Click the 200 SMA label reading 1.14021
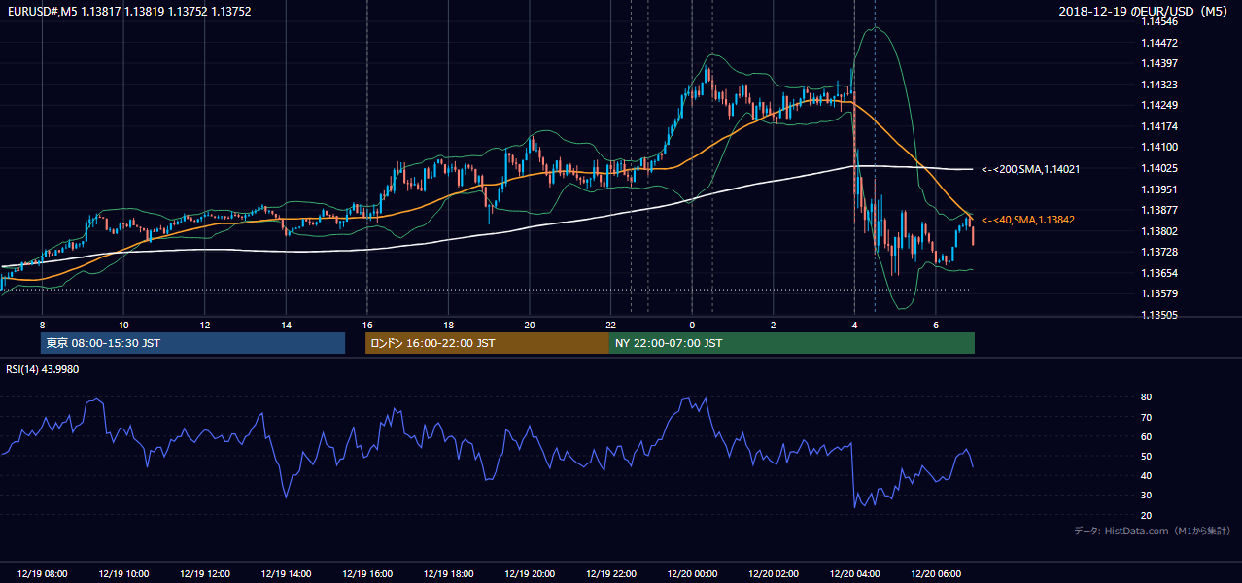coord(1031,170)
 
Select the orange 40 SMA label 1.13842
coord(1028,220)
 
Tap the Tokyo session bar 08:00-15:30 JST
coord(193,343)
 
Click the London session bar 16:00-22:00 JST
coord(488,343)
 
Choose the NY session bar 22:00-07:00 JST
coord(792,343)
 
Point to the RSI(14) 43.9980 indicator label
coord(42,369)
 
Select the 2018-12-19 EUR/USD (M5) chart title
coord(1143,11)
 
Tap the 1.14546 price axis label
coord(1159,22)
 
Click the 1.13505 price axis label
coord(1159,315)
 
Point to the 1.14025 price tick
coord(1159,168)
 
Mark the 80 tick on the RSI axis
coord(1146,396)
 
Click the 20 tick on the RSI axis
coord(1146,515)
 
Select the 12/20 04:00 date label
coord(854,574)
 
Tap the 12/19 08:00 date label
coord(42,574)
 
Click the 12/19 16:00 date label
coord(367,574)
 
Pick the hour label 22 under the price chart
coord(610,326)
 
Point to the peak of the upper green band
coord(875,26)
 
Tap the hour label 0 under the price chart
coord(692,326)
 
